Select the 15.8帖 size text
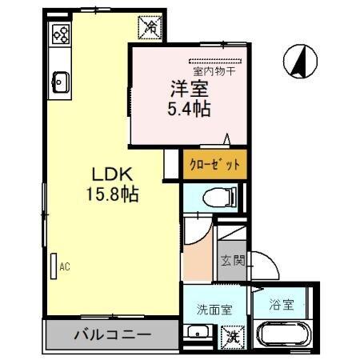(104, 195)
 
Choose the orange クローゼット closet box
(211, 165)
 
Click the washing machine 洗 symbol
(232, 337)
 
